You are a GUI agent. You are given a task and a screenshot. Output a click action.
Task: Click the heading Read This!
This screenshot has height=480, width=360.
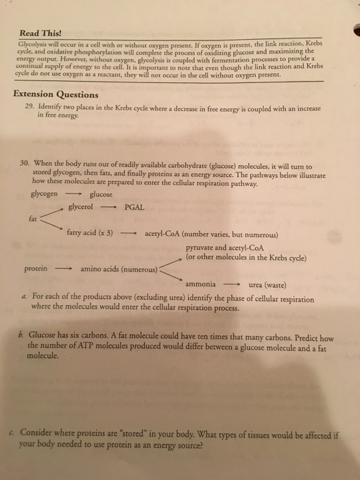coord(40,32)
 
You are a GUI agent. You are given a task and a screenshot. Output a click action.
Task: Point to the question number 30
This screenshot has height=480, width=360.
coord(25,166)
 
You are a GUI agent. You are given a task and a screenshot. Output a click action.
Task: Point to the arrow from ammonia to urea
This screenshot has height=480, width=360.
coord(233,283)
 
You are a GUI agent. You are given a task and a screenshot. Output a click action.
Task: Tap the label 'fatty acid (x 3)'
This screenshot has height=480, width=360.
coord(90,232)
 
